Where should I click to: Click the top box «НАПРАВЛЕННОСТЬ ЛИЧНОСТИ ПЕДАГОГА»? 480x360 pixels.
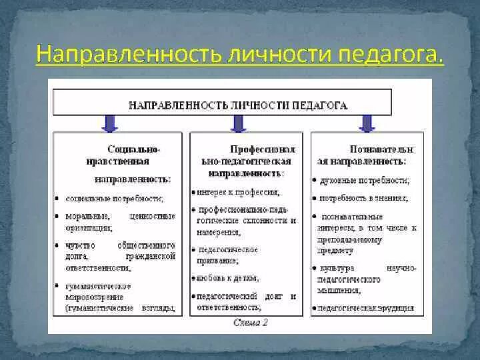coord(238,105)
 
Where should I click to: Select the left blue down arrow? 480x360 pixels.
coord(110,123)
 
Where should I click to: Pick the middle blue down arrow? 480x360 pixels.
coord(238,123)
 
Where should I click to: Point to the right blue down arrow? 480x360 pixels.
coord(366,123)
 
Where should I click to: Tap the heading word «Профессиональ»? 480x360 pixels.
coord(261,149)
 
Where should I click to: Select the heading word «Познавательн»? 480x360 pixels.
coord(381,149)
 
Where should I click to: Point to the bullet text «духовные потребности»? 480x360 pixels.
coord(364,180)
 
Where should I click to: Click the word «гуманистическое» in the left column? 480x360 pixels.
coord(93,286)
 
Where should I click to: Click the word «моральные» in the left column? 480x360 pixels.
coord(83,216)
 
